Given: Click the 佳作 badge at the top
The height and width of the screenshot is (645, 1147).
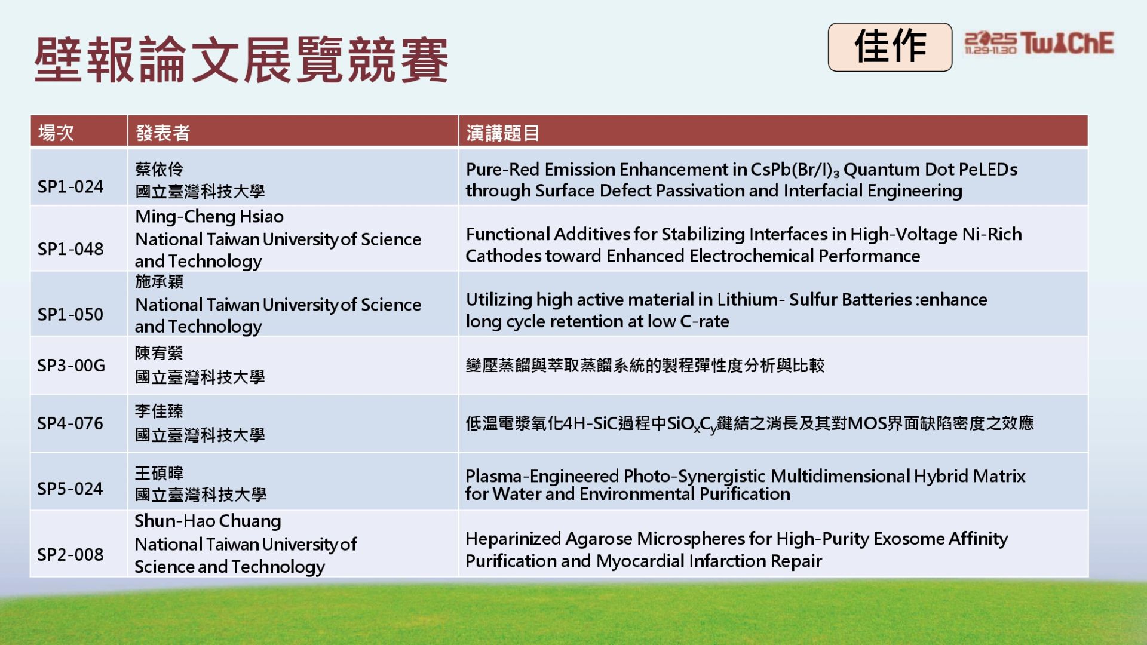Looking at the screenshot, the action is click(x=890, y=47).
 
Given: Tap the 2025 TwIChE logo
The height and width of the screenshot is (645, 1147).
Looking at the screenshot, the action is click(x=1039, y=43).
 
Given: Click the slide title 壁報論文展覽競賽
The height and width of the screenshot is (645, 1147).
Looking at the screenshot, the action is click(x=241, y=59).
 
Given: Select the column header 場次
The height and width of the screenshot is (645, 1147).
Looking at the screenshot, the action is click(x=56, y=133).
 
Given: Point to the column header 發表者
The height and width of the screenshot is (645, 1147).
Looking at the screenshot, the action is click(x=162, y=133).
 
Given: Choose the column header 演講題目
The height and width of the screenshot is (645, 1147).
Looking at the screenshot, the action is click(x=502, y=133).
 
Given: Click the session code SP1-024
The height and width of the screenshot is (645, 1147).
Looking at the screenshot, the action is click(x=70, y=187).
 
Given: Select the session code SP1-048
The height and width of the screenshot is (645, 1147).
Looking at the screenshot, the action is click(x=70, y=249).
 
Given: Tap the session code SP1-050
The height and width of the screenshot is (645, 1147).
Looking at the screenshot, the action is click(x=70, y=314).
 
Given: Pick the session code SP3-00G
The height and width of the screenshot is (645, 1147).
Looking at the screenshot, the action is click(x=71, y=365).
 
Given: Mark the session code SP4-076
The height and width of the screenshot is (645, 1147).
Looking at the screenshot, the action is click(x=70, y=423).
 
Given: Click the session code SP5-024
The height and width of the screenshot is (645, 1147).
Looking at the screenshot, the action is click(x=70, y=489).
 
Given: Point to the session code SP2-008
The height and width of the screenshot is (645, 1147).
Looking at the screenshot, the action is click(x=70, y=554).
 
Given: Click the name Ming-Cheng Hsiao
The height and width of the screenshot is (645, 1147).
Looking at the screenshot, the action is click(x=209, y=217).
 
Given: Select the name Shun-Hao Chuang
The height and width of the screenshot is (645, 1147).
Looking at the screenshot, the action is click(x=208, y=521).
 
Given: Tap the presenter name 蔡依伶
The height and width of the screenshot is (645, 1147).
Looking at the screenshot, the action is click(x=159, y=170).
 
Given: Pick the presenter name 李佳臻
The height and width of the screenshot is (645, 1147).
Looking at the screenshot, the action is click(x=159, y=411).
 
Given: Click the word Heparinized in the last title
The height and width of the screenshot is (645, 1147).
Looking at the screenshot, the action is click(x=513, y=539).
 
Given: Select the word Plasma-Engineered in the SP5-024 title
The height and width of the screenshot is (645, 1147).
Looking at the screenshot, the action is click(x=542, y=476).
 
